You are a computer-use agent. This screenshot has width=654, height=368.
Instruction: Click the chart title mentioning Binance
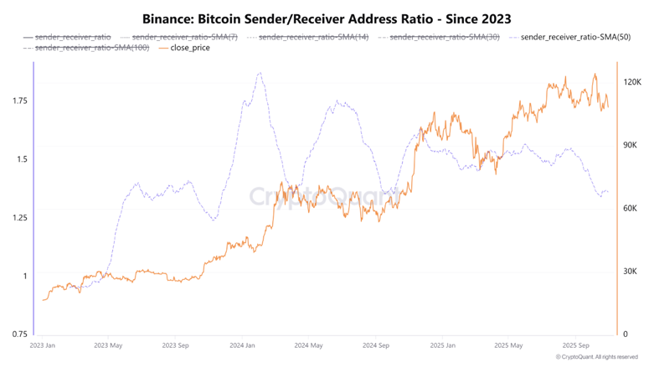point(327,18)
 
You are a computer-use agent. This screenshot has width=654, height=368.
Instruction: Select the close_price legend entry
point(189,48)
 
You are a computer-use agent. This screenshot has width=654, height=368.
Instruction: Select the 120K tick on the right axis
point(633,82)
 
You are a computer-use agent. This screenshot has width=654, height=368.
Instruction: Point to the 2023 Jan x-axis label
point(43,345)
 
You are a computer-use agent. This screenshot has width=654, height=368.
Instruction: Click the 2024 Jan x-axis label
point(243,345)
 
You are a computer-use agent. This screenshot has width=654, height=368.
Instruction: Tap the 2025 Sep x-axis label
point(577,345)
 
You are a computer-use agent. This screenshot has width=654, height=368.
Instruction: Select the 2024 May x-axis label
point(309,345)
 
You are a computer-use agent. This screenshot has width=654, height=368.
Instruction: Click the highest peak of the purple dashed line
point(260,73)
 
